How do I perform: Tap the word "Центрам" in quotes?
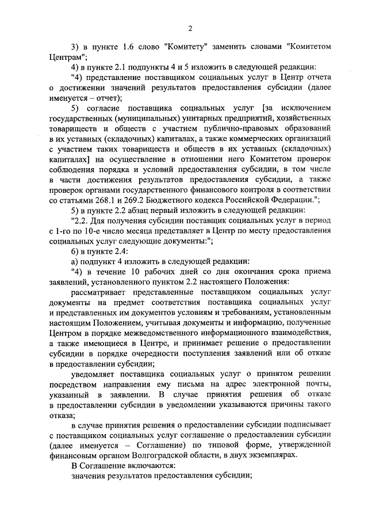point(68,56)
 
